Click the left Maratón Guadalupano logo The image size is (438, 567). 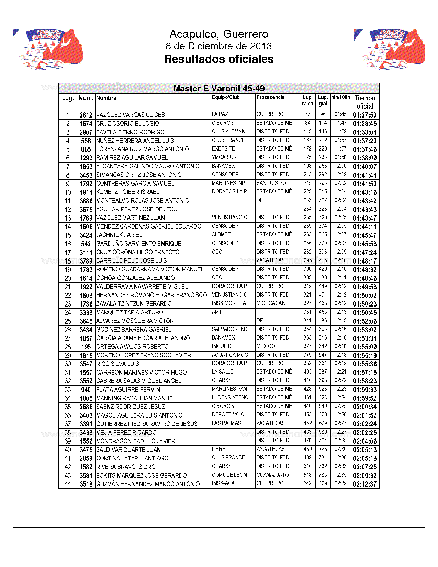48,49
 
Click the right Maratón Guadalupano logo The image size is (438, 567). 390,49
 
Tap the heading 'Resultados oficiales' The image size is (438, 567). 219,59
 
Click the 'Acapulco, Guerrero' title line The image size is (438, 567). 219,34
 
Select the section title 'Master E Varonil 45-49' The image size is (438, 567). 219,89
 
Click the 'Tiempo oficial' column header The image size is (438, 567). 365,102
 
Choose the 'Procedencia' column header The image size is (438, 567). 270,97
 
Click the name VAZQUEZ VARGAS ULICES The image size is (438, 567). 131,115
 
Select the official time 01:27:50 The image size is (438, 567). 365,115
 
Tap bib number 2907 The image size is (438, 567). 86,132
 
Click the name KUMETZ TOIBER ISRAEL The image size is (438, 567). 127,192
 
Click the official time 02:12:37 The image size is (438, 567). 365,484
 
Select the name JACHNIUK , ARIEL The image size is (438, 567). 119,235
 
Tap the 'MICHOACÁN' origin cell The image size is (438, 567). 271,303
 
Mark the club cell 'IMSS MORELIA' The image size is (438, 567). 229,303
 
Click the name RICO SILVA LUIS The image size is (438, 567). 117,364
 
